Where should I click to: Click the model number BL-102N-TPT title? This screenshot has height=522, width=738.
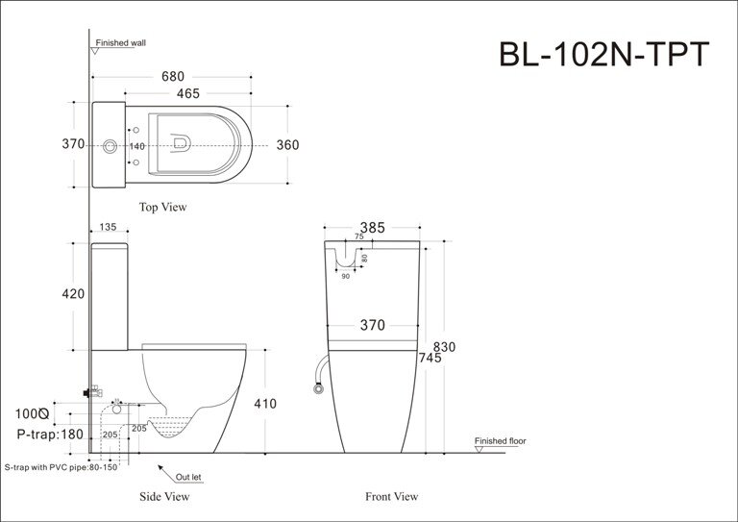603,54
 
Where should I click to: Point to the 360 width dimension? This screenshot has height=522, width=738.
286,145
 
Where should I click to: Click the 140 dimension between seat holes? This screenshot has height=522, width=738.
137,146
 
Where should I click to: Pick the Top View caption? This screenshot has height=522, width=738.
162,207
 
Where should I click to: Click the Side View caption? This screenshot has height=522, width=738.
165,497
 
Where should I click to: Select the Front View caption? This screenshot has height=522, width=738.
391,497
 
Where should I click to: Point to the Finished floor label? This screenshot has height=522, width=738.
501,441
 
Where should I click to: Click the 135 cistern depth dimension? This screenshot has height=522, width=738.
108,228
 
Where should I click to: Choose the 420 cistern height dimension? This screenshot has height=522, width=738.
73,294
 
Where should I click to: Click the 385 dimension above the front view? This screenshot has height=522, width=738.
372,228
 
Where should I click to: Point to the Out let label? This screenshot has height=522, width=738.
188,476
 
